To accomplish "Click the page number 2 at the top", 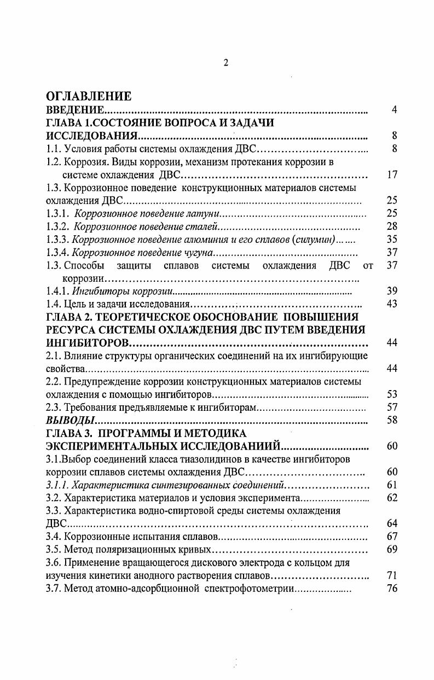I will [225, 63].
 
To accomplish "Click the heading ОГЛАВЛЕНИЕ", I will [89, 97].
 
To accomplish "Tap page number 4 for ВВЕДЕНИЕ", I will [394, 111].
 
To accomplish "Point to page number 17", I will [391, 175].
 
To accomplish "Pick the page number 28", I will [391, 226].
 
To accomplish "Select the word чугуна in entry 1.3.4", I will [196, 252].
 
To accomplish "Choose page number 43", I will [391, 304].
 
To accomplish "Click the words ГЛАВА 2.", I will [68, 317].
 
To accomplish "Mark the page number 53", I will [391, 394].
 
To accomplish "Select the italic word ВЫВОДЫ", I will [71, 421].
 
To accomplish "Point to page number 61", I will [391, 485].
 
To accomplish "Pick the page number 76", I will [391, 589].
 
